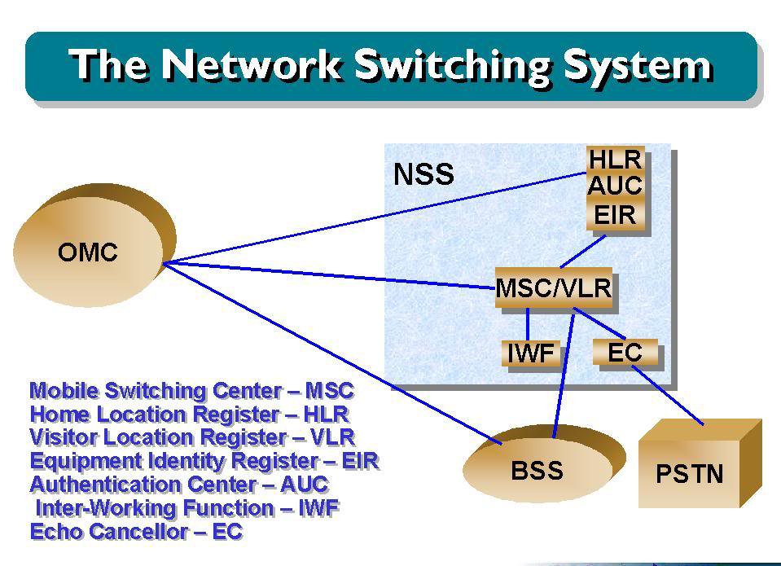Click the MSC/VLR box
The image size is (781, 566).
554,288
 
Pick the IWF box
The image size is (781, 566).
531,353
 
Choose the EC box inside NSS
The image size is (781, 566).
625,353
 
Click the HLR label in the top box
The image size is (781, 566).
615,160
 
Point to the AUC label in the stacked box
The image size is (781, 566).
615,186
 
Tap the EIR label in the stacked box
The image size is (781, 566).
615,215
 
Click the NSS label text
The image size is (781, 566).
423,174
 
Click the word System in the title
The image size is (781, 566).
638,65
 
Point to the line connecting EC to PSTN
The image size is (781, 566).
668,396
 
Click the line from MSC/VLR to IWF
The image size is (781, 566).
528,324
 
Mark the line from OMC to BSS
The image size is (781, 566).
332,353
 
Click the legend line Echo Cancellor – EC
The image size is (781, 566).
136,532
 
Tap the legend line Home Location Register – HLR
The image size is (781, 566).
189,414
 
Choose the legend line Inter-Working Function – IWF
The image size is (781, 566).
187,508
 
